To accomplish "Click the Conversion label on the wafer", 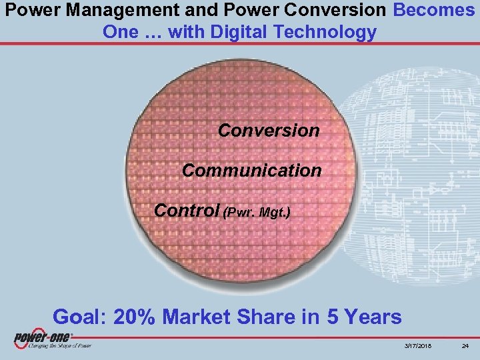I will point(269,130).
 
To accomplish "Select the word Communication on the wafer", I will point(251,171).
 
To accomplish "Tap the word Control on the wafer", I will point(187,211).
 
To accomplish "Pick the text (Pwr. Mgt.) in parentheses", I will point(257,213).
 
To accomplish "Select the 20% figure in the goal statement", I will point(135,316).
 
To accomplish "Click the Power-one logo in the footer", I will point(43,337).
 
